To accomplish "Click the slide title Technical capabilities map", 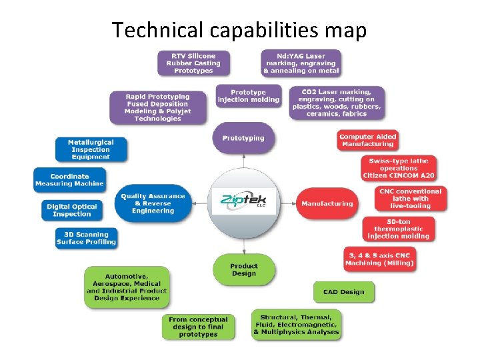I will [239, 30].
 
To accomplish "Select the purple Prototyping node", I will [243, 138].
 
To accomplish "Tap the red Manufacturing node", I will [327, 203].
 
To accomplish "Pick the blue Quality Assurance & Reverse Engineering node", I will [153, 203].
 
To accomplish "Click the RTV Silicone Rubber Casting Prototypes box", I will [193, 63].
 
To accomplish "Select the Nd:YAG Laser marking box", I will [301, 63].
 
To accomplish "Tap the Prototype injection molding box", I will [249, 96].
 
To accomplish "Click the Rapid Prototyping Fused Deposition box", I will [157, 107].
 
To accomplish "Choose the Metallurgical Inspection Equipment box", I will [91, 149].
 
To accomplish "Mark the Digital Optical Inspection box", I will [72, 210].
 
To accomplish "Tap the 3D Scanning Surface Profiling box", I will [86, 238].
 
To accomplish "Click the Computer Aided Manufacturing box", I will [367, 141].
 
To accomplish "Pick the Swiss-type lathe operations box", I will [399, 168].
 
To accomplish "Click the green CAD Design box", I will [344, 291].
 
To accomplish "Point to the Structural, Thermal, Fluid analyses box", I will [296, 325].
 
